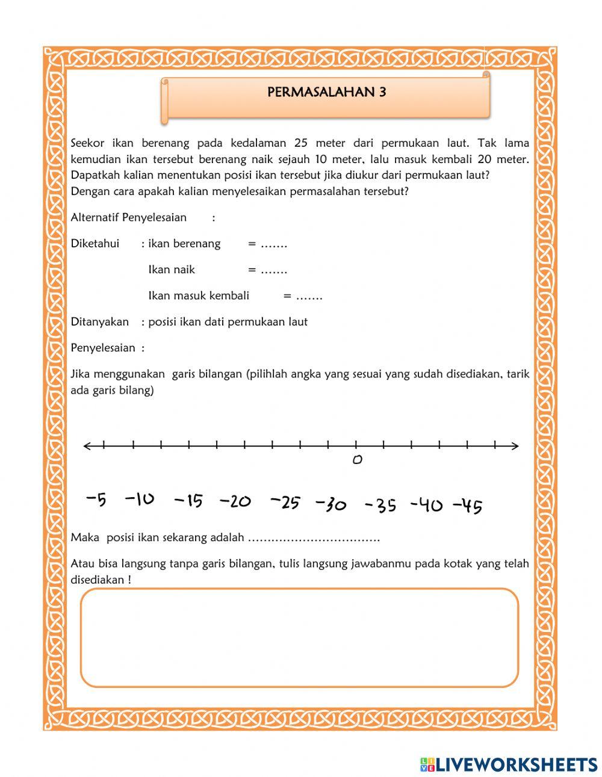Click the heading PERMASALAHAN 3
(x=326, y=93)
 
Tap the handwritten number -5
(x=96, y=500)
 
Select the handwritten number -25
(x=285, y=502)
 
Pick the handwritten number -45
(x=467, y=507)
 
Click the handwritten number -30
(x=331, y=504)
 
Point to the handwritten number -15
(x=188, y=501)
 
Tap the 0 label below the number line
(x=357, y=460)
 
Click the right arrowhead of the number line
(x=515, y=446)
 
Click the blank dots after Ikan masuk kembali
(x=309, y=296)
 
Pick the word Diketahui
(x=95, y=244)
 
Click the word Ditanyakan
(x=99, y=322)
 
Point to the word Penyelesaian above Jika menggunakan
(x=103, y=348)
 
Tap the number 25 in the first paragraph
(x=302, y=143)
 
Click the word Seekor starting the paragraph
(x=88, y=143)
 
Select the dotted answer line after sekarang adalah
(x=313, y=538)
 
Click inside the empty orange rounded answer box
(x=299, y=638)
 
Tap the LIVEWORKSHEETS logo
(x=509, y=764)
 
